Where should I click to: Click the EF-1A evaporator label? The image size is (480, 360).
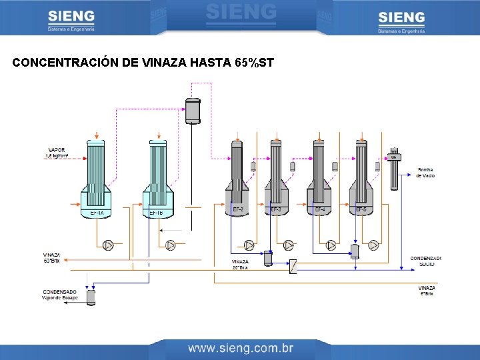click(x=97, y=213)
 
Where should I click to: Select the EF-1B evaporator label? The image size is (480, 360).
click(x=156, y=213)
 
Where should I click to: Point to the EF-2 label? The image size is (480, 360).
click(x=238, y=209)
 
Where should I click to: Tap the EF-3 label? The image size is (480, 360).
click(x=276, y=209)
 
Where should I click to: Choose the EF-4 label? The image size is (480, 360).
click(x=320, y=209)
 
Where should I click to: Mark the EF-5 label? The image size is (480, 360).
click(x=361, y=209)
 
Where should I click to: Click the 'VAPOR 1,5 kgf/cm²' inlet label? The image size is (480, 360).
click(x=56, y=153)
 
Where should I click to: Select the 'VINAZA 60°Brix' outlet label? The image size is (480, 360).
click(x=52, y=257)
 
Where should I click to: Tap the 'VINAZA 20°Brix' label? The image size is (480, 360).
click(x=240, y=265)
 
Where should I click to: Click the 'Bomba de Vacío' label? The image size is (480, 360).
click(x=425, y=173)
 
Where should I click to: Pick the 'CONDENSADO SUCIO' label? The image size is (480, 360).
click(x=425, y=261)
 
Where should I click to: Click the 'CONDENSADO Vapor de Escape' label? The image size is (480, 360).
click(x=60, y=295)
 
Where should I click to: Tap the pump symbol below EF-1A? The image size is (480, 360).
click(x=108, y=245)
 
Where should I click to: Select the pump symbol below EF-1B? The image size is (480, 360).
click(x=171, y=245)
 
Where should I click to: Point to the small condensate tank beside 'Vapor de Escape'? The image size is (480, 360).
click(x=91, y=297)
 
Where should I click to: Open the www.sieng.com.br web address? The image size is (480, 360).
click(x=241, y=348)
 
